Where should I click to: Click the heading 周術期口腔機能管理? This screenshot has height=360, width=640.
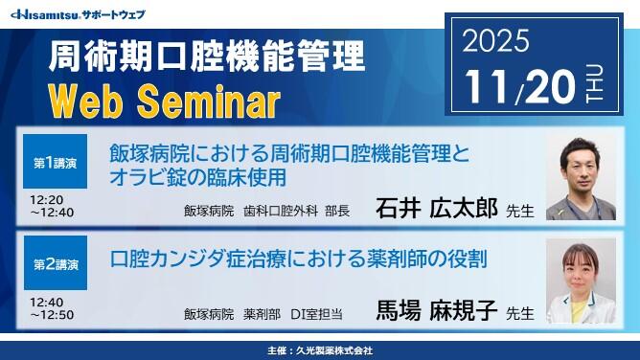point(206,56)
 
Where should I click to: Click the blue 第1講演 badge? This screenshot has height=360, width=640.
point(55,164)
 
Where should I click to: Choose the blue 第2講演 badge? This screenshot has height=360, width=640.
point(55,261)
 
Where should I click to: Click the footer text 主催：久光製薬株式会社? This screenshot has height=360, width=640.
point(320,350)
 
